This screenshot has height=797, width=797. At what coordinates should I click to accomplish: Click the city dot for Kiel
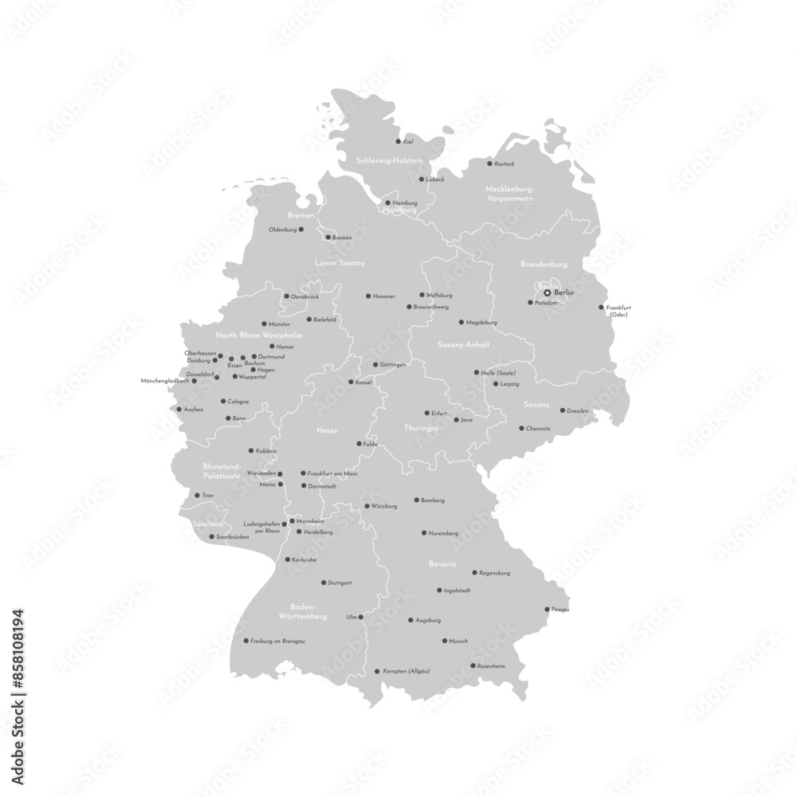[398, 142]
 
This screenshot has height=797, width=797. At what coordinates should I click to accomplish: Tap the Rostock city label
[505, 164]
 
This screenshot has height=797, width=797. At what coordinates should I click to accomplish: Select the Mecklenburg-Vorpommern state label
[508, 193]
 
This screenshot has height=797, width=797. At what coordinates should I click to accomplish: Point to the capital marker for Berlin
[547, 293]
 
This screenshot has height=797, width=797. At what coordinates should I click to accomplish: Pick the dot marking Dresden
[562, 410]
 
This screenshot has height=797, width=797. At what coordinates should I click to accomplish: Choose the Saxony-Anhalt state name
[463, 345]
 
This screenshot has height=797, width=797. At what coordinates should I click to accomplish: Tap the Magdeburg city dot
[461, 322]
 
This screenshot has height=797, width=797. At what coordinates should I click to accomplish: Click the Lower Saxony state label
[340, 262]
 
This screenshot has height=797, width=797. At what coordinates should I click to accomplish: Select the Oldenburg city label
[282, 230]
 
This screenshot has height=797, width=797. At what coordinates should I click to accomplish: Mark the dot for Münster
[265, 324]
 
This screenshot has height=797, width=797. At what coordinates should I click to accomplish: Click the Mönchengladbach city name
[164, 381]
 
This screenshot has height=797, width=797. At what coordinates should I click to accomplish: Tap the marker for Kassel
[351, 382]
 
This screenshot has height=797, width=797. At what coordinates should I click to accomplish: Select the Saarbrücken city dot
[212, 536]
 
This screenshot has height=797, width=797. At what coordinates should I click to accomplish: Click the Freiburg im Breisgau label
[277, 641]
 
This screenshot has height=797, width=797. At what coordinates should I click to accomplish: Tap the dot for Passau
[546, 610]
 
